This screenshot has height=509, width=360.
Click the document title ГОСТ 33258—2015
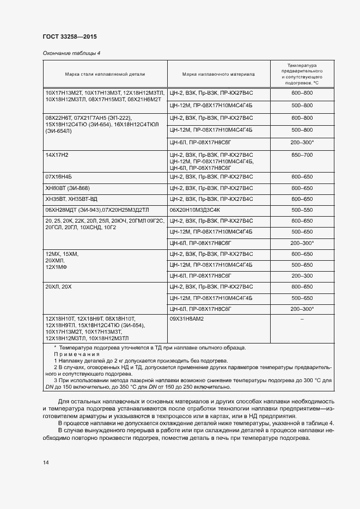70,36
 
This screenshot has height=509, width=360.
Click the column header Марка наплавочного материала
218,73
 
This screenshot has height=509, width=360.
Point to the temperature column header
302,73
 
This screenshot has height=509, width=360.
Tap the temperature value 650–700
302,155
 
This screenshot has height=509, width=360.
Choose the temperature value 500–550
302,210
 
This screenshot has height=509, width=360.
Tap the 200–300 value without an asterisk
302,275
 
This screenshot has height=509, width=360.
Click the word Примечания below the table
76,354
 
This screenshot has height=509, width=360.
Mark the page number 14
46,462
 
